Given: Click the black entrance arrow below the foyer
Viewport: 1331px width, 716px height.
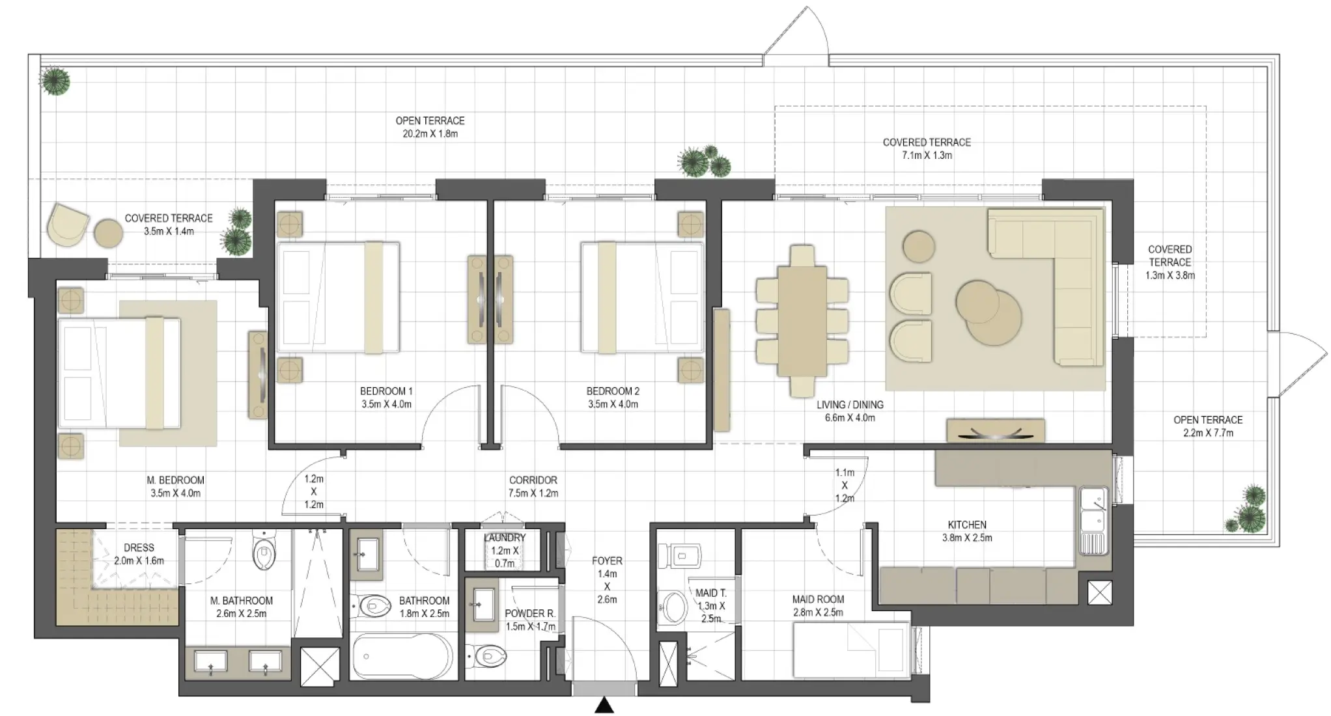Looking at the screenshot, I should pos(605,706).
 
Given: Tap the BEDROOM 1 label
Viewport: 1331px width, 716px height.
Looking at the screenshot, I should pos(386,391).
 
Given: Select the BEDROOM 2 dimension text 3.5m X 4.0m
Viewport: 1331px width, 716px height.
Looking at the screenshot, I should pos(613,404).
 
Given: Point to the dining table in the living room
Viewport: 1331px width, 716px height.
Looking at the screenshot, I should pos(802,320).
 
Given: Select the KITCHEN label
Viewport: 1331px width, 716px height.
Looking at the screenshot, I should pos(967,525).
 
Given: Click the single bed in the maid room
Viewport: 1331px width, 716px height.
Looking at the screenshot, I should pos(851,650).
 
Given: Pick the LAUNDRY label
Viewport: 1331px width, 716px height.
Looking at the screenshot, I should pos(505,538).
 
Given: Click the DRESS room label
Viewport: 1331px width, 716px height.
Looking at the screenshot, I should pos(139,548).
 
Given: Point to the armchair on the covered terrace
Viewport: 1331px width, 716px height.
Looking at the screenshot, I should pos(67,225).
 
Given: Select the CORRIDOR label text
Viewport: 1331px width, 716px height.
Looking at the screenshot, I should pos(533,480).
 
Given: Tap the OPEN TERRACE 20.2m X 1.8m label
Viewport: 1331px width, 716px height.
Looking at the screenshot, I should pos(430,128).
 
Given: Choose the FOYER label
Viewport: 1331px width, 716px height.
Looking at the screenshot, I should pos(606,561).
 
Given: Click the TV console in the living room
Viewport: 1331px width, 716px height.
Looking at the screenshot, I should pos(995,431).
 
